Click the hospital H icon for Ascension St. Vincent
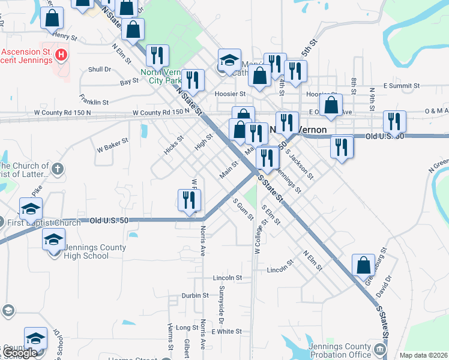click(60, 56)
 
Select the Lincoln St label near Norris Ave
click(227, 278)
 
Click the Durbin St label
click(194, 296)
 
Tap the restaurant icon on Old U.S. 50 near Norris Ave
click(190, 200)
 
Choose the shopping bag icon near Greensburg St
click(364, 265)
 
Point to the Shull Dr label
click(100, 70)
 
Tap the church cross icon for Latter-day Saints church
click(58, 169)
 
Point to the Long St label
click(187, 328)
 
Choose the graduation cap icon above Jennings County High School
click(54, 239)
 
